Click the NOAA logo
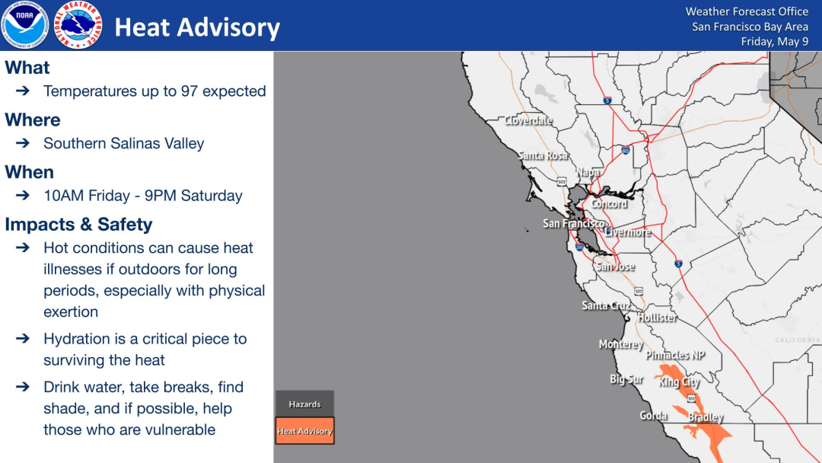(x=24, y=24)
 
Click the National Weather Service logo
(x=78, y=24)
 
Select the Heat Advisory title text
(x=197, y=27)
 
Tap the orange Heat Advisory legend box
(x=304, y=431)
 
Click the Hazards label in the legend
(x=304, y=404)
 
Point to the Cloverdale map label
(x=528, y=120)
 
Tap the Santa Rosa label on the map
(x=543, y=156)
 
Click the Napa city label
(x=588, y=172)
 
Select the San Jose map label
(x=616, y=267)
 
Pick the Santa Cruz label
(x=607, y=305)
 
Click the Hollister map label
(x=657, y=318)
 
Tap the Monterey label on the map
(x=621, y=344)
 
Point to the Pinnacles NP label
(x=675, y=355)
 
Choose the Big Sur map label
(x=626, y=379)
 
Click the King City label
(x=679, y=382)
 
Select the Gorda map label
(x=653, y=416)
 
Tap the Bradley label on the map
(x=706, y=417)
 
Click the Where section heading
(x=33, y=120)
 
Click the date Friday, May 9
(x=774, y=41)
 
